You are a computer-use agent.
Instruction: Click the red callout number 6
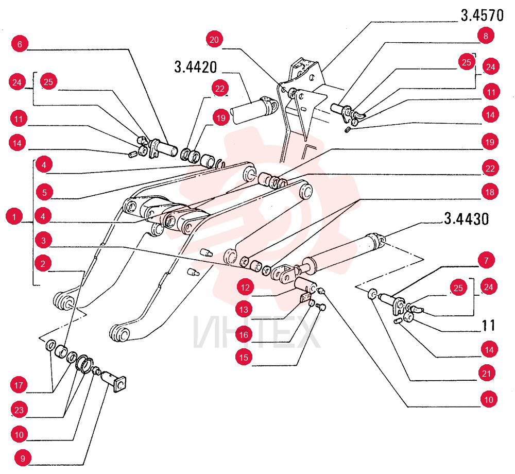(x=20, y=44)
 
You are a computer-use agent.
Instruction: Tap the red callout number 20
(x=214, y=40)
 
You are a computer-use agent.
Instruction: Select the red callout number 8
(x=486, y=36)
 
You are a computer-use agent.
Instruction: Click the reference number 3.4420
(x=195, y=67)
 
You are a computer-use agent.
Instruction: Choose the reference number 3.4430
(x=467, y=219)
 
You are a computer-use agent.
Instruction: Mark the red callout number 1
(x=14, y=216)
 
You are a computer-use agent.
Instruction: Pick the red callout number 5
(x=44, y=192)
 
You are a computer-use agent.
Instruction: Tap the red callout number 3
(x=43, y=240)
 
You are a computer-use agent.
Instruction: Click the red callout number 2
(x=43, y=263)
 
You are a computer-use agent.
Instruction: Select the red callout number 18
(x=490, y=192)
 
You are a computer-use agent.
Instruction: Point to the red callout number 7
(x=486, y=261)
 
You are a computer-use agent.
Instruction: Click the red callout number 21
(x=487, y=373)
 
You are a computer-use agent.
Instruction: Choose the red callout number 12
(x=245, y=287)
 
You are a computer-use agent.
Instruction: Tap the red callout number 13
(x=244, y=310)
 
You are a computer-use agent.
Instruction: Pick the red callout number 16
(x=244, y=335)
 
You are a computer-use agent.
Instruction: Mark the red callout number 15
(x=244, y=357)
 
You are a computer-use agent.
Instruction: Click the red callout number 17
(x=19, y=385)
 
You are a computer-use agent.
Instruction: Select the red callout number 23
(x=19, y=410)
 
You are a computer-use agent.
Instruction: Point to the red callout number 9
(x=23, y=458)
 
